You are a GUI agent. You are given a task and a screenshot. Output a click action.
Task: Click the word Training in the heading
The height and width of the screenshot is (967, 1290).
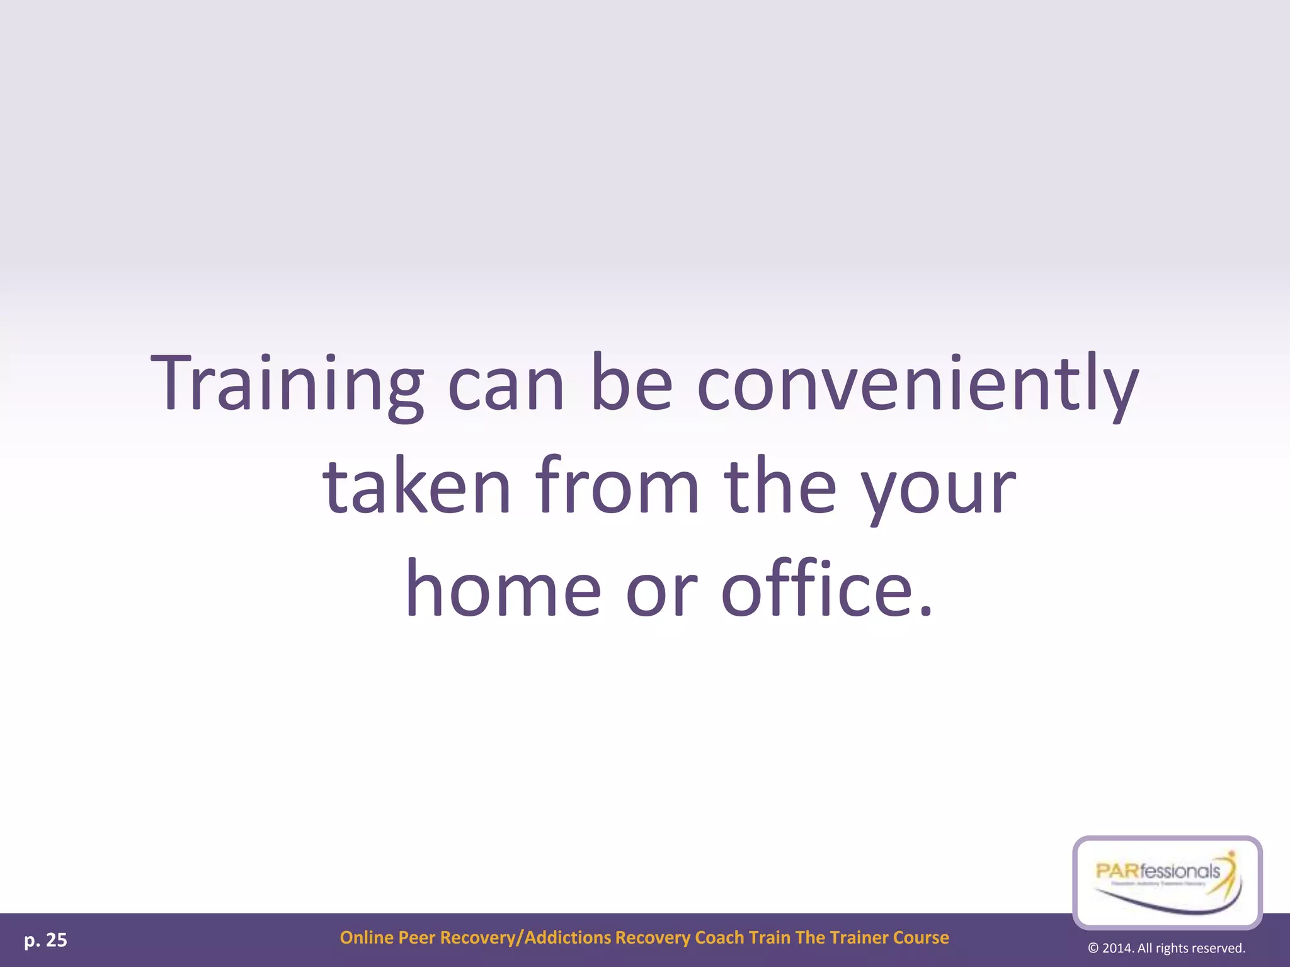point(287,384)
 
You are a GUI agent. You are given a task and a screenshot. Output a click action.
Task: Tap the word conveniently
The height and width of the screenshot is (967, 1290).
point(918,384)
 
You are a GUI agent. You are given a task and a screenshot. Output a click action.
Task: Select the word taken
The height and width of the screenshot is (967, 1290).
point(416,486)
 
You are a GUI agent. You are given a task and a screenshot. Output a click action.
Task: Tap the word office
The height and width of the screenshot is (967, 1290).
point(826,589)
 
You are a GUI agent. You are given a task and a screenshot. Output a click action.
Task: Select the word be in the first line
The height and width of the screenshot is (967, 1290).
point(631,384)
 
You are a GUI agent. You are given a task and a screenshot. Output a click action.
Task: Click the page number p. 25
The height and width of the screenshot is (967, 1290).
point(45,941)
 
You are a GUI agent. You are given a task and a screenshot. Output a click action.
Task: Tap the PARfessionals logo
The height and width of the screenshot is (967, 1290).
point(1167,881)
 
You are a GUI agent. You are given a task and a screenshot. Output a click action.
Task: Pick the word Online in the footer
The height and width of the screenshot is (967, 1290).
point(367,938)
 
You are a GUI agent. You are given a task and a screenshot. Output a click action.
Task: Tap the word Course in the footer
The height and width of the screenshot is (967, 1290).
point(921,938)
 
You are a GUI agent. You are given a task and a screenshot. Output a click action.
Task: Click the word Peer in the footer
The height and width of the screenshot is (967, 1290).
point(417,938)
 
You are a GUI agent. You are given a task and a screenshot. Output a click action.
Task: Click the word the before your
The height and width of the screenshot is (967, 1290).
point(779,486)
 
